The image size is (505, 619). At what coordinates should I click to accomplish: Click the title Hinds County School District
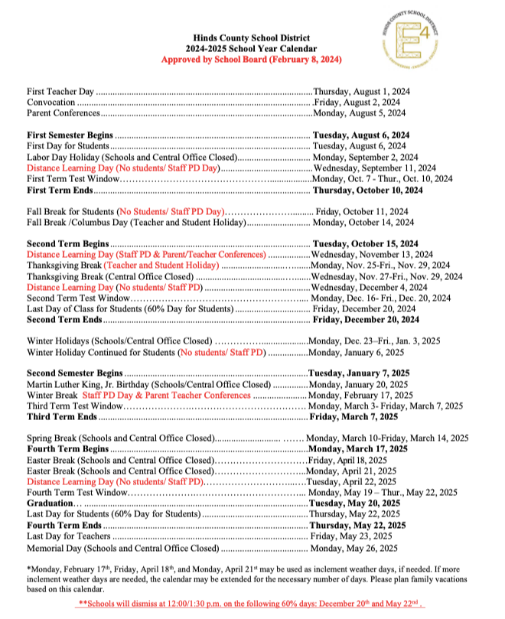252,37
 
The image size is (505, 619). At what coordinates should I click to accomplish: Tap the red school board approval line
252,59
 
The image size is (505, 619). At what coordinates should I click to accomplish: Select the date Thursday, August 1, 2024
361,91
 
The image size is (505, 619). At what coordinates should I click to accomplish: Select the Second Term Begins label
64,244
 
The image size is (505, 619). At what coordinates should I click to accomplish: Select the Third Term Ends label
61,417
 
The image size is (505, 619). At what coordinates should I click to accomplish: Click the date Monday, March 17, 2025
358,449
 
